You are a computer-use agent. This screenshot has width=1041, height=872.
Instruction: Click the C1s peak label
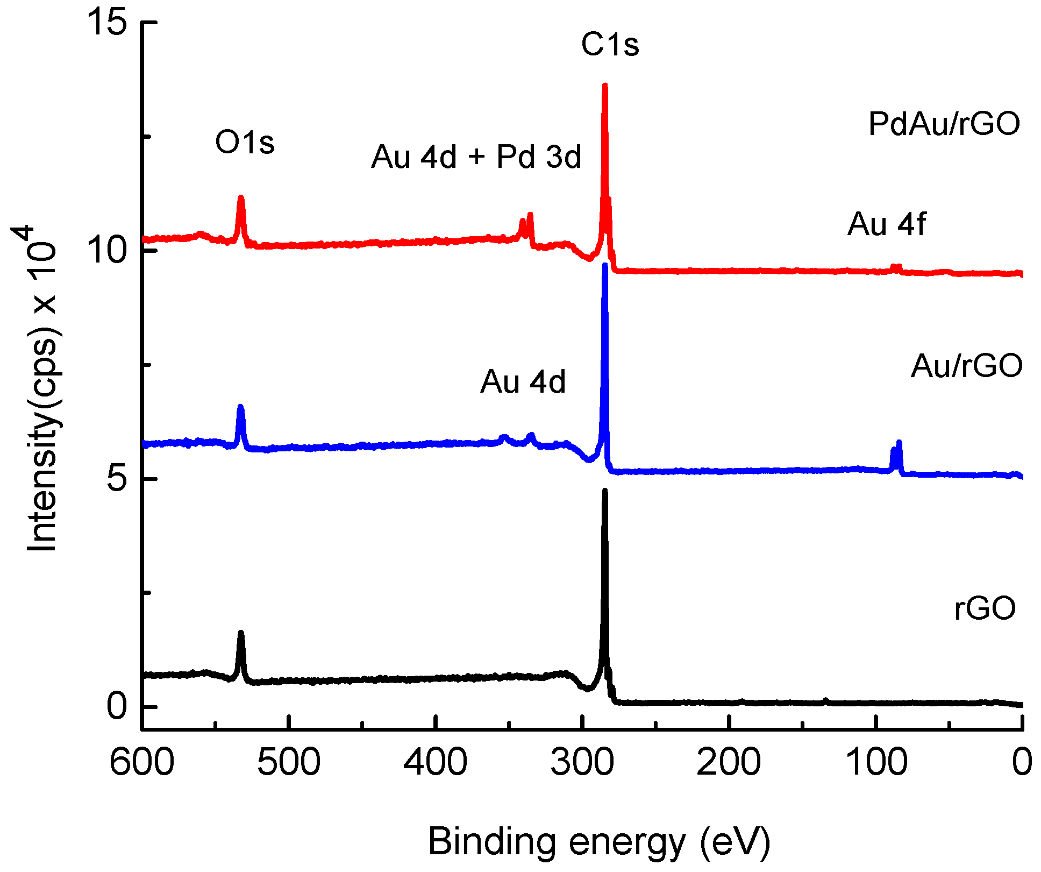point(610,45)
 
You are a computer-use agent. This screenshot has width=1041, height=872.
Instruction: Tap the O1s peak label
point(245,143)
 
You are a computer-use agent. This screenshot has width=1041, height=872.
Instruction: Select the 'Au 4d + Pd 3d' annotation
point(476,157)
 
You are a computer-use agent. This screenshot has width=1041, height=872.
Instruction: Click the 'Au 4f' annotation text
point(887,224)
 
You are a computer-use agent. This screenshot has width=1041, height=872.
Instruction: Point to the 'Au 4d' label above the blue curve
point(523,382)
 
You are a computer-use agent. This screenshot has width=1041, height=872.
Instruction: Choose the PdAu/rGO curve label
point(944,124)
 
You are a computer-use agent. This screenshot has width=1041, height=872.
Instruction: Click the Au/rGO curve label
point(966,366)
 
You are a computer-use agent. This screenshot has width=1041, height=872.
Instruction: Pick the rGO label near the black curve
point(985,608)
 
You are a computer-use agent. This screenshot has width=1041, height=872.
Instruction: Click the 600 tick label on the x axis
point(142,763)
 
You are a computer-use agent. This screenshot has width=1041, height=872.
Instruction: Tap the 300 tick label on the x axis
point(582,763)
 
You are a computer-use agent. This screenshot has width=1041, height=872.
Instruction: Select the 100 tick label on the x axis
point(876,763)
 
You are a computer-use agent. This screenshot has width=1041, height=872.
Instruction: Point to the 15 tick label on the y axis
point(108,23)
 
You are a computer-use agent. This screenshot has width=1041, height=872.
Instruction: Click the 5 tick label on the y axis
point(117,479)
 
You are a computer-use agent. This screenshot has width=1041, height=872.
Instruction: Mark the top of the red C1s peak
point(605,86)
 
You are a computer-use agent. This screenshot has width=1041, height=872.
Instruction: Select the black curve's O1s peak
point(241,635)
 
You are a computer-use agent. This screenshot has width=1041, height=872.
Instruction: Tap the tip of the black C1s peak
point(605,491)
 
